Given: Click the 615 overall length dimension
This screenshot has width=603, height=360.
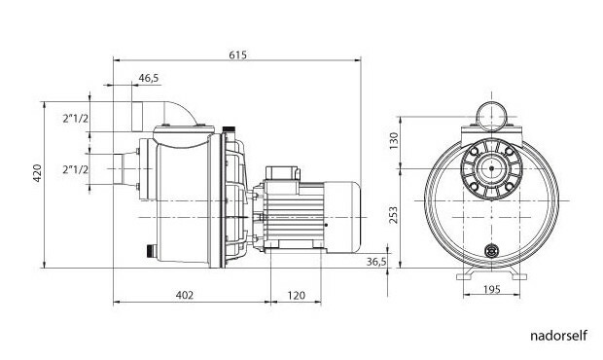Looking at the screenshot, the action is (237, 55).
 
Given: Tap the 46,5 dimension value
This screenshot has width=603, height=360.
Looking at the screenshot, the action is (149, 78).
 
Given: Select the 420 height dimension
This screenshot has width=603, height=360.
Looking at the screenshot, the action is (37, 173).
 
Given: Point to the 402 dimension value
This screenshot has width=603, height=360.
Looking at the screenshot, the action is (185, 295).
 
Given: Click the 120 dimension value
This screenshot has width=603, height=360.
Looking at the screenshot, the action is (296, 295).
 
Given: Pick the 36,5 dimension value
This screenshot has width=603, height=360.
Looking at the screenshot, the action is (376, 262).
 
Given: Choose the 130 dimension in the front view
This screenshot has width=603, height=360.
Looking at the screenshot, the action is (394, 141).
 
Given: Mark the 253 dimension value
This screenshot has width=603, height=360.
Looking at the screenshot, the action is (394, 215).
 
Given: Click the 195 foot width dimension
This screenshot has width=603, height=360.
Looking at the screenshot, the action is (492, 289).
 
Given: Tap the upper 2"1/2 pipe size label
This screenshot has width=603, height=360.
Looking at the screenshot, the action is (76, 119).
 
